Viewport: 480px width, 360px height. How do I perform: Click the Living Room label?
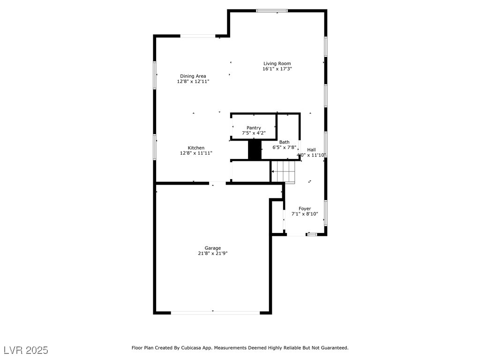point(277,64)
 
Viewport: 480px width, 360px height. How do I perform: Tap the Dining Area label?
point(193,76)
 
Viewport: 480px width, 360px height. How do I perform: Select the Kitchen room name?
point(196,148)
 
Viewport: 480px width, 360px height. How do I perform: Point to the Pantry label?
point(254,128)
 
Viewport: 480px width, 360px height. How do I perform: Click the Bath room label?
point(285,142)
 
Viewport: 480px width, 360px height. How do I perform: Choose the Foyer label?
point(305,209)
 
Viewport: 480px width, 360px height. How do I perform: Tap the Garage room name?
point(213,248)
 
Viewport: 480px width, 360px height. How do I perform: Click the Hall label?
point(311,150)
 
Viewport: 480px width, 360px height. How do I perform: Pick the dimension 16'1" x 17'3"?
point(277,69)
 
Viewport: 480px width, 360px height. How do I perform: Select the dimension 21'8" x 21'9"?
point(213,254)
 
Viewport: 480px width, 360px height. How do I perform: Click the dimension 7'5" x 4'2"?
point(254,133)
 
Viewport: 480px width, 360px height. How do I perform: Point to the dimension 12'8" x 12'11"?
point(193,82)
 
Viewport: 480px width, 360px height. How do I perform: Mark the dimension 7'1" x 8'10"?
point(305,214)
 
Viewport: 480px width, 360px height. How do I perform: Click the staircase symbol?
point(284,172)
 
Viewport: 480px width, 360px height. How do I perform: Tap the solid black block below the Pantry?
point(255,150)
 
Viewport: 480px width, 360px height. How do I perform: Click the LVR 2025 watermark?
point(26,350)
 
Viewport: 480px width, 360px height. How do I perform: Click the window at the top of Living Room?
point(272,11)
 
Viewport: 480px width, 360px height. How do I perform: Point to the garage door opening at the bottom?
point(215,313)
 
